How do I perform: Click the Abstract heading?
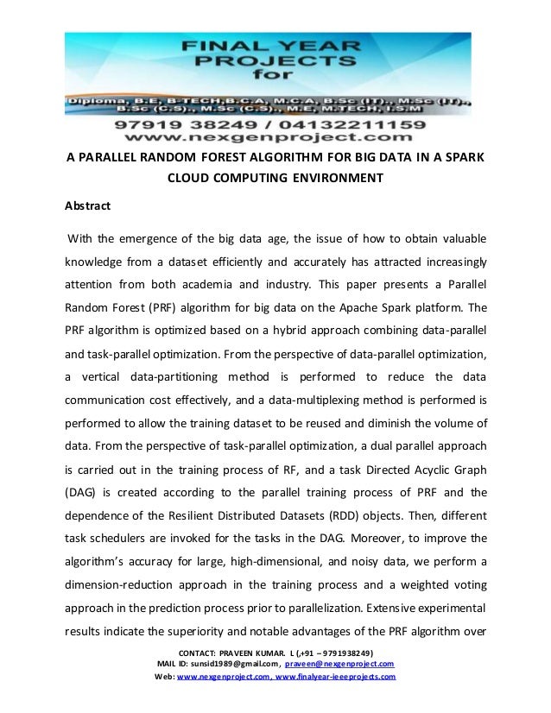[x=92, y=207]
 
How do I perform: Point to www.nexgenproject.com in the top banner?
[x=275, y=138]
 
